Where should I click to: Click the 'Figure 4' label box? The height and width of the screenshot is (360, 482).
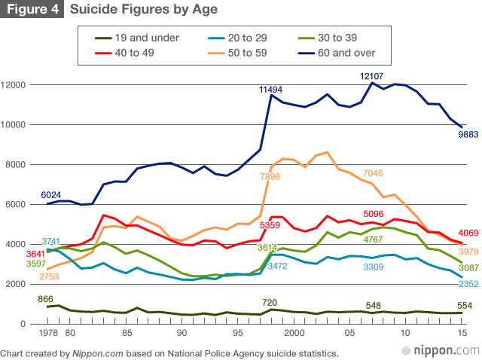32,10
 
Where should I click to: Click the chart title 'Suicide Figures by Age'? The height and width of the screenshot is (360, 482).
144,10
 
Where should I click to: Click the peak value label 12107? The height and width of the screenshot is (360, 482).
373,76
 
